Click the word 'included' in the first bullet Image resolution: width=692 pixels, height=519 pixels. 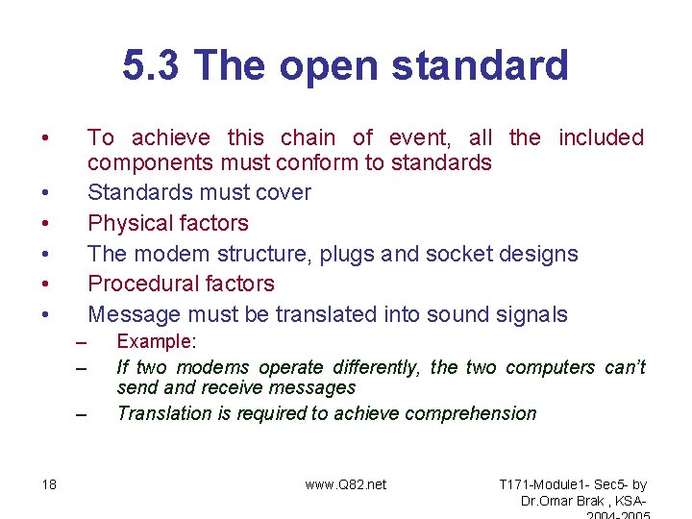point(602,137)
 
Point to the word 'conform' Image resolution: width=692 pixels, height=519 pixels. point(317,162)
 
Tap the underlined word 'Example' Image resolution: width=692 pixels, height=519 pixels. point(154,341)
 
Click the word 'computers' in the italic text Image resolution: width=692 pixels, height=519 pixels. point(551,367)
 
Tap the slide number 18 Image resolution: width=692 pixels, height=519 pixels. point(49,484)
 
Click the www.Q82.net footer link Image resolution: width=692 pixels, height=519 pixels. point(346,484)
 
